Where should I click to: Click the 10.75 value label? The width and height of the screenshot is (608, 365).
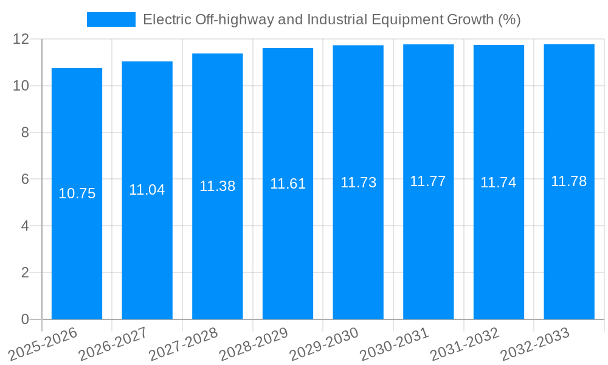[x=77, y=193]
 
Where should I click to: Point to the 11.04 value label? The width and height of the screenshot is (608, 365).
[x=147, y=190]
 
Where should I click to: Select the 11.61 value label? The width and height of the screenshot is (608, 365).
[x=288, y=184]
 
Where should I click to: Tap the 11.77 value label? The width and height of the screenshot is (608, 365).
[x=428, y=181]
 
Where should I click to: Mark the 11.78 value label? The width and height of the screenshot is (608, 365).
[x=568, y=181]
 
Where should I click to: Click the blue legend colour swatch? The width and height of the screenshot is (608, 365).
[x=111, y=19]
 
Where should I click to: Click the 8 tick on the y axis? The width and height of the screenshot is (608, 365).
[x=25, y=133]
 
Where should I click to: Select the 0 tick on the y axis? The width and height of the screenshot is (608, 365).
[x=25, y=319]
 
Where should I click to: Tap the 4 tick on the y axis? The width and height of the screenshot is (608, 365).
[x=25, y=226]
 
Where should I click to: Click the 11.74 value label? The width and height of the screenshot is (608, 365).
[x=499, y=182]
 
